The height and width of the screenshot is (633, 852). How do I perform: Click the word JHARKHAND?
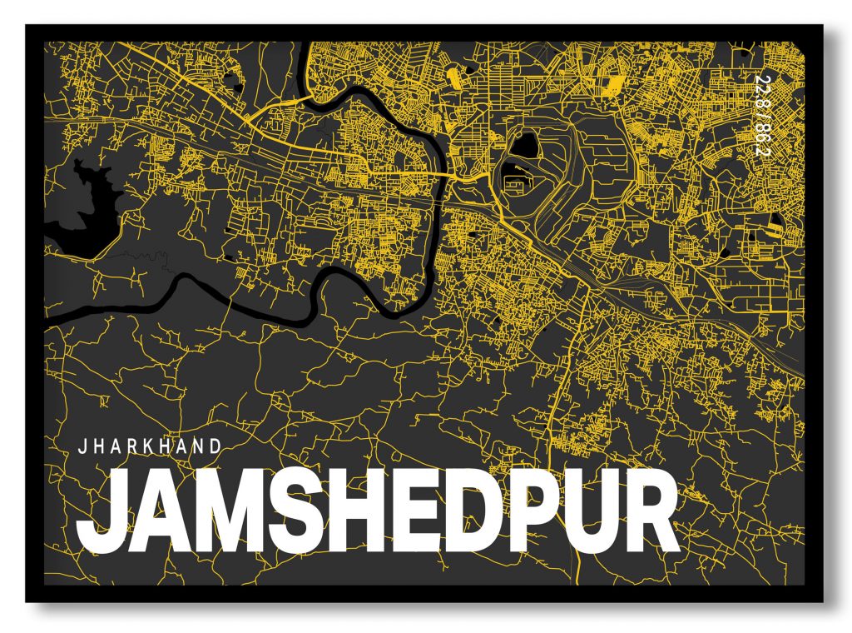(150, 446)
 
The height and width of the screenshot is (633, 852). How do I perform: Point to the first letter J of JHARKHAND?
(82, 446)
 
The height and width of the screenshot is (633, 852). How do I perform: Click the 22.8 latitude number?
(760, 91)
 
